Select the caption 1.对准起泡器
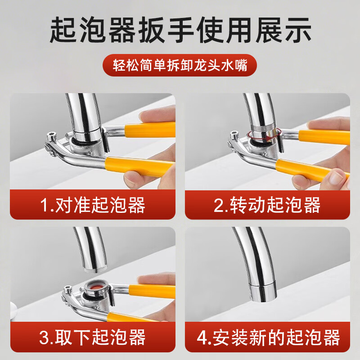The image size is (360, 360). click(92, 205)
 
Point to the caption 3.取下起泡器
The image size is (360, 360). click(92, 337)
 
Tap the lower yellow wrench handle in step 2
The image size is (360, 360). click(310, 169)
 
